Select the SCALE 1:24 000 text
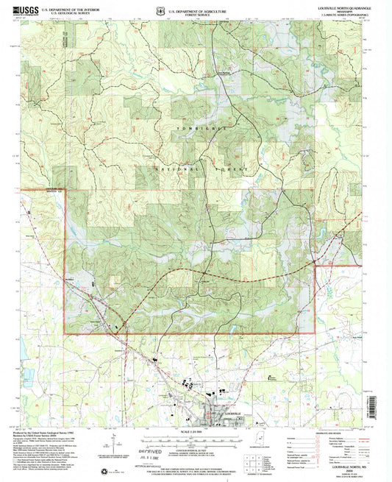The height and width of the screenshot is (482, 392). [194, 431]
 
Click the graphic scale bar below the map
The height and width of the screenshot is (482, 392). [194, 439]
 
